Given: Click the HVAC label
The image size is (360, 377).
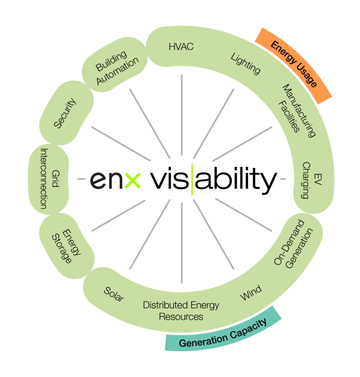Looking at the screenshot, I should [181, 47].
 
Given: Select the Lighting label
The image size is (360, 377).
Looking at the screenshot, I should [246, 63].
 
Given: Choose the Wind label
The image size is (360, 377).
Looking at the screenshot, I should [251, 293].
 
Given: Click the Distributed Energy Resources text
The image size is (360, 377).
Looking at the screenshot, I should [181, 311].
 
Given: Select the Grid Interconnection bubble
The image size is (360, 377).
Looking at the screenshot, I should [49, 179].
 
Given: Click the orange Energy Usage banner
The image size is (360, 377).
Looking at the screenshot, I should [293, 65].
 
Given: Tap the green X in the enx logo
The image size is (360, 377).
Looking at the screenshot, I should [132, 180].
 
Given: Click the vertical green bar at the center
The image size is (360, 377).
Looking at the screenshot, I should [192, 180].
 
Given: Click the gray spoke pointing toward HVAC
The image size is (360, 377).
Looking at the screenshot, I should [182, 116].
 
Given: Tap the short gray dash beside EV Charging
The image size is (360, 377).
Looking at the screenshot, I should [283, 179].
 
